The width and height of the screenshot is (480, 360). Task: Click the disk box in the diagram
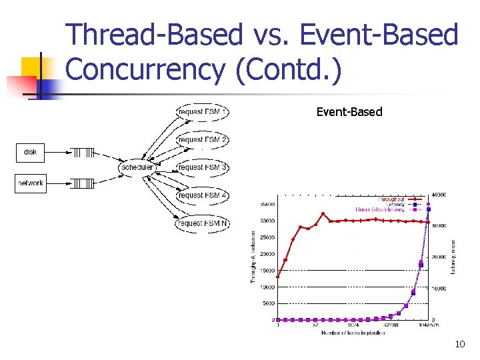30,153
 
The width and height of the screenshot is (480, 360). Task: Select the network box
30,183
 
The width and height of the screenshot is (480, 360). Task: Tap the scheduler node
137,167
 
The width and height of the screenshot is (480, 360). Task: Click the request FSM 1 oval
202,112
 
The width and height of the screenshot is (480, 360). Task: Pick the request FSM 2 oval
202,139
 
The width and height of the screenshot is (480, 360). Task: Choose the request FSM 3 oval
202,167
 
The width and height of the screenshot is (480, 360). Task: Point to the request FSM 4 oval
202,195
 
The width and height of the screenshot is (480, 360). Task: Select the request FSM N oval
202,223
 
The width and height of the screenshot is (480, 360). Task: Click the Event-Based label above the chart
349,112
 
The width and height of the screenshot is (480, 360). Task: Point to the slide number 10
459,344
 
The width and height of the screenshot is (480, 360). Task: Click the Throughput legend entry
391,199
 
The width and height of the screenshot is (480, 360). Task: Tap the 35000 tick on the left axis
267,205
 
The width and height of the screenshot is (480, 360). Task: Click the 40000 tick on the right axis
439,195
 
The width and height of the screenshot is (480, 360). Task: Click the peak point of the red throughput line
323,214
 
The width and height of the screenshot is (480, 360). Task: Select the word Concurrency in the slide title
146,69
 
